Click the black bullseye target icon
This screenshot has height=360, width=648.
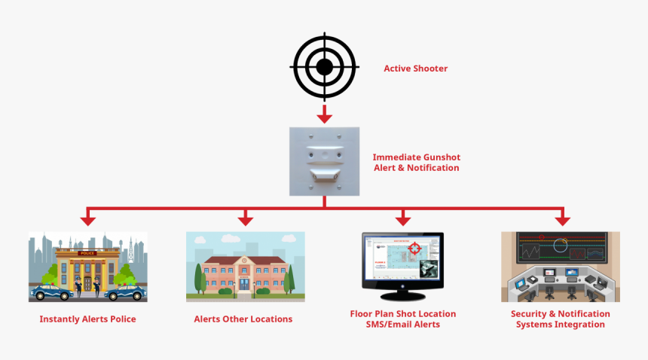(324, 67)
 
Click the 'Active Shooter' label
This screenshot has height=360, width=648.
(415, 69)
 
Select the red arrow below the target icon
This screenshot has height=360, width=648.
(324, 114)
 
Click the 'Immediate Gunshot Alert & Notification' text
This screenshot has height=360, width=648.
(416, 163)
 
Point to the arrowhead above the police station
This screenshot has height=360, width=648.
(88, 219)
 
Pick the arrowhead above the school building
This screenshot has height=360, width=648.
(245, 219)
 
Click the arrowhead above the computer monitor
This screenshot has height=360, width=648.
(403, 219)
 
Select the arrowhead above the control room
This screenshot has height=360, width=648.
(561, 219)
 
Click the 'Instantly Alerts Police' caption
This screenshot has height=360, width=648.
(87, 319)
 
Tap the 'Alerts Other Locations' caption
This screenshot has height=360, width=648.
(243, 319)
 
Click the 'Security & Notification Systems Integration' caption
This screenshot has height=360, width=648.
(560, 319)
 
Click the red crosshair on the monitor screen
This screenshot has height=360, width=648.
(414, 248)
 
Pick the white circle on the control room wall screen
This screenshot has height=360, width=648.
(560, 245)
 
